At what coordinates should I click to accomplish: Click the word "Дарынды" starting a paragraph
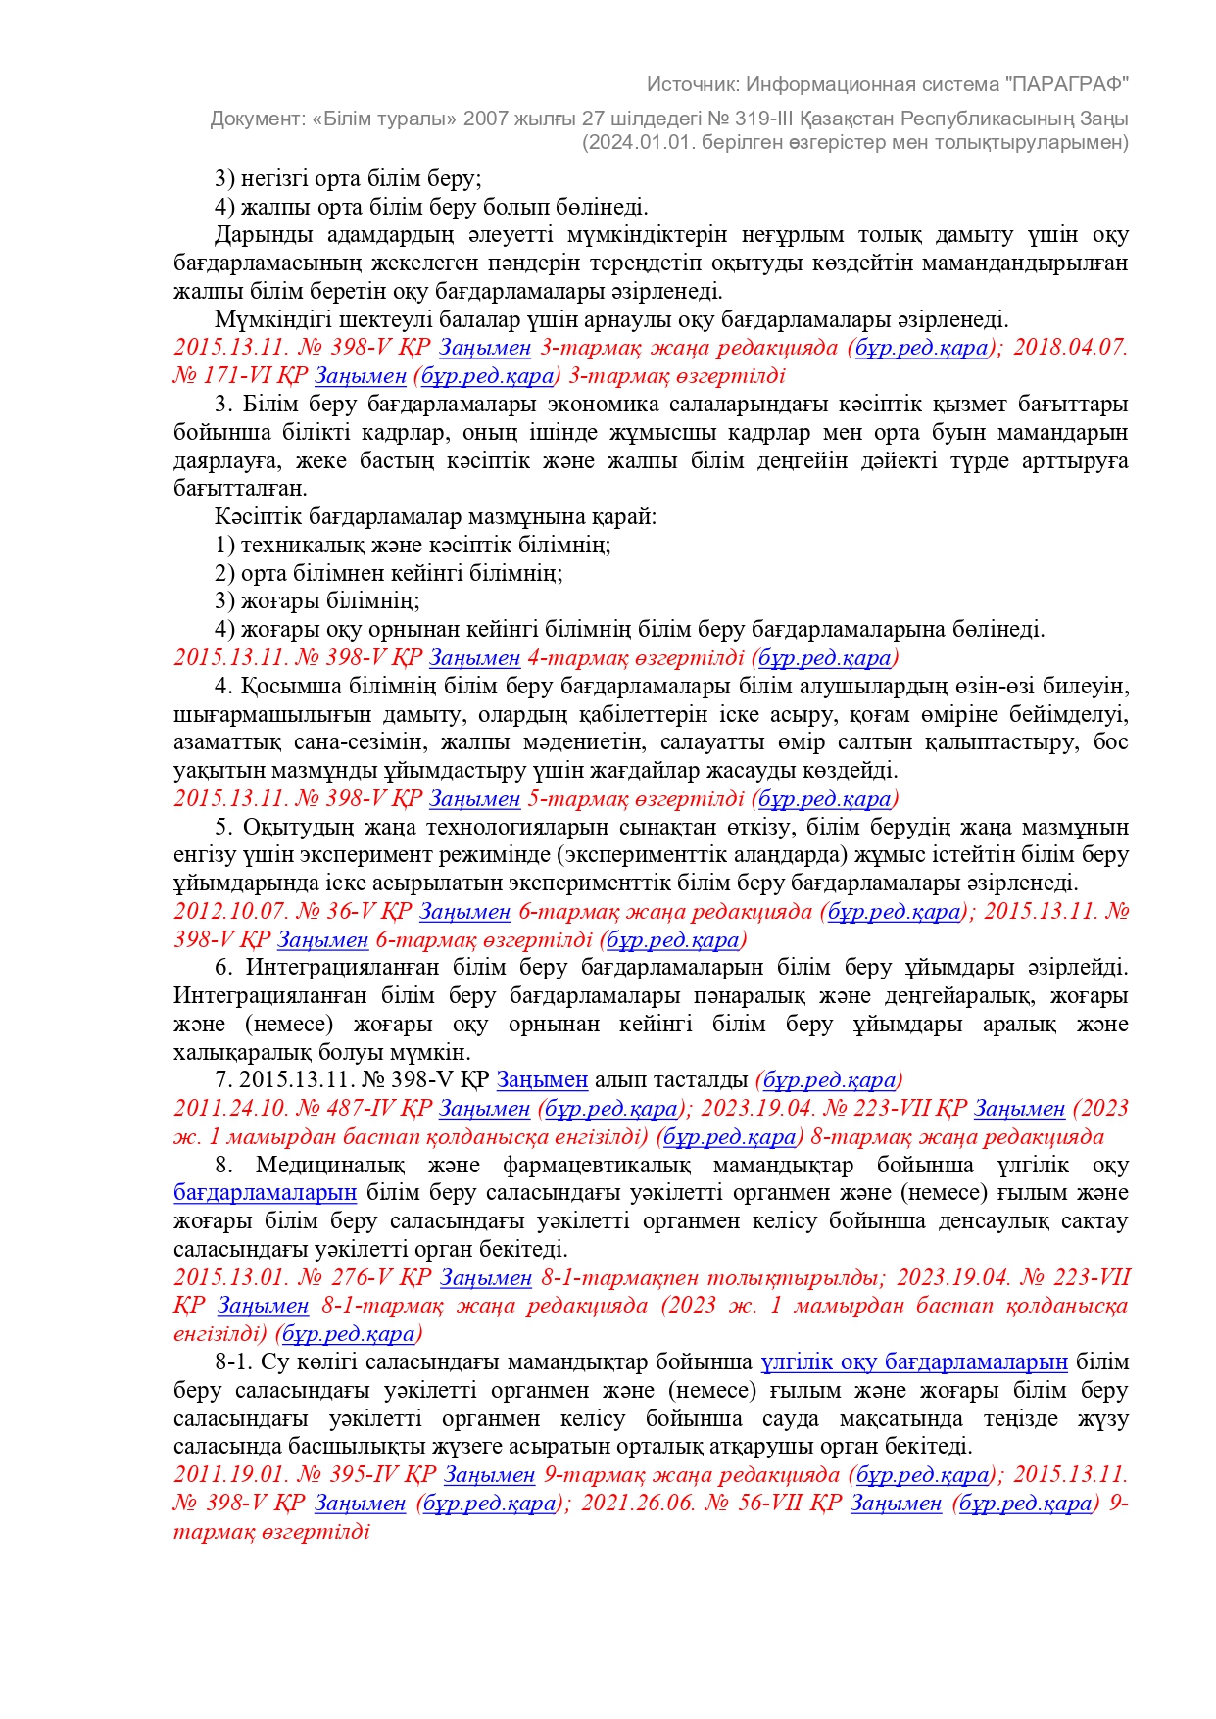coord(264,235)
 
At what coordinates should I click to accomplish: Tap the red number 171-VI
coord(236,376)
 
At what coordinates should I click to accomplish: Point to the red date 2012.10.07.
coord(231,912)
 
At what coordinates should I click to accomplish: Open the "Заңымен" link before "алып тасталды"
coord(542,1080)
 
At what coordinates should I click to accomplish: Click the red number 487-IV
coord(364,1109)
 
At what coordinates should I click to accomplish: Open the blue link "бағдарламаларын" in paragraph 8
coord(265,1193)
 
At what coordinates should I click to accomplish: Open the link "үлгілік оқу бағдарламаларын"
coord(914,1362)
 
